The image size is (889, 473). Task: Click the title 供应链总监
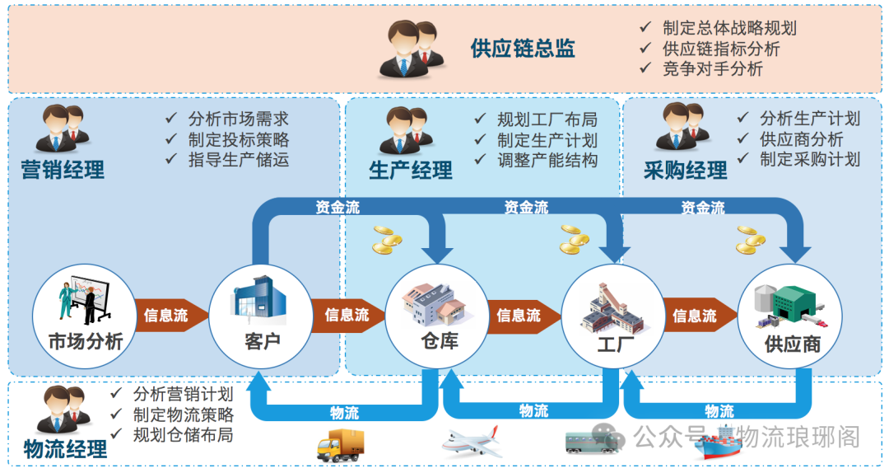click(x=523, y=49)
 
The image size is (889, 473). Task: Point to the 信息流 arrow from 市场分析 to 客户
click(x=167, y=316)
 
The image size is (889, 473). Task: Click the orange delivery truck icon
click(x=340, y=445)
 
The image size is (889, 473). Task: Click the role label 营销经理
click(x=63, y=171)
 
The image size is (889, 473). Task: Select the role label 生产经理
click(x=411, y=171)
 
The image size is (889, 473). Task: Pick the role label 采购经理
click(x=686, y=171)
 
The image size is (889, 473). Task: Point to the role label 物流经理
click(x=66, y=449)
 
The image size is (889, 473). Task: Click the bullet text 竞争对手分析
click(x=712, y=69)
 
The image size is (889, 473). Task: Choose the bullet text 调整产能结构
click(x=547, y=161)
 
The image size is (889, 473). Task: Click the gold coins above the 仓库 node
click(x=387, y=240)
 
